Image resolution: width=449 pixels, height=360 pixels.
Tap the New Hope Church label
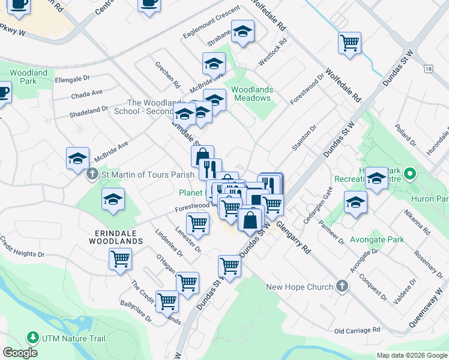point(300,287)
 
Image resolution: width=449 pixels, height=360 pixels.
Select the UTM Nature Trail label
point(73,338)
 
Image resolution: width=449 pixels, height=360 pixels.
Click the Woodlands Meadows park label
point(252,94)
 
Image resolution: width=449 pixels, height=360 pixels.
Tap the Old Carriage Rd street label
point(358,331)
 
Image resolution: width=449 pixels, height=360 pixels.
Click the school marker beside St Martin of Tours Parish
point(77,158)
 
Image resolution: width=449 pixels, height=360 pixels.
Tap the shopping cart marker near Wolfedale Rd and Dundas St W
point(349,43)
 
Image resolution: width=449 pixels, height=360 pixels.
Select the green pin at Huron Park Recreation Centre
point(410,175)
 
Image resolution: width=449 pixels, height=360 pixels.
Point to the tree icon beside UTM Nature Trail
point(32,338)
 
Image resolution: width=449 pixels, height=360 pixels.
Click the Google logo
point(20,353)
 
